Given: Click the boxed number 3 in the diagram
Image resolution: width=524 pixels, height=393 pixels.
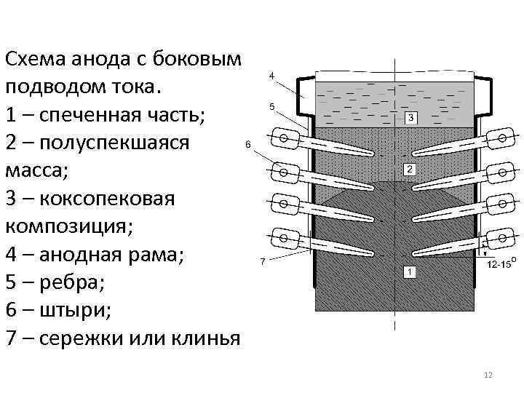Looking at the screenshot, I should tap(410, 118).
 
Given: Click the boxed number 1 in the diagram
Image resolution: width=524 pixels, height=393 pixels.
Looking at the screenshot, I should tap(409, 271).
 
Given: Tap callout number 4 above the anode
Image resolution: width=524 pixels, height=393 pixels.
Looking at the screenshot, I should tap(271, 76).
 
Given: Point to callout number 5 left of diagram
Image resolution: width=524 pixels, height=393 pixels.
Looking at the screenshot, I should tap(271, 106).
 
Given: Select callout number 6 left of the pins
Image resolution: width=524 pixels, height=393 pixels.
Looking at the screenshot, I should tap(247, 144).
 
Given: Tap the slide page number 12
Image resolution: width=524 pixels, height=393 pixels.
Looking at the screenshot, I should tap(488, 375).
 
